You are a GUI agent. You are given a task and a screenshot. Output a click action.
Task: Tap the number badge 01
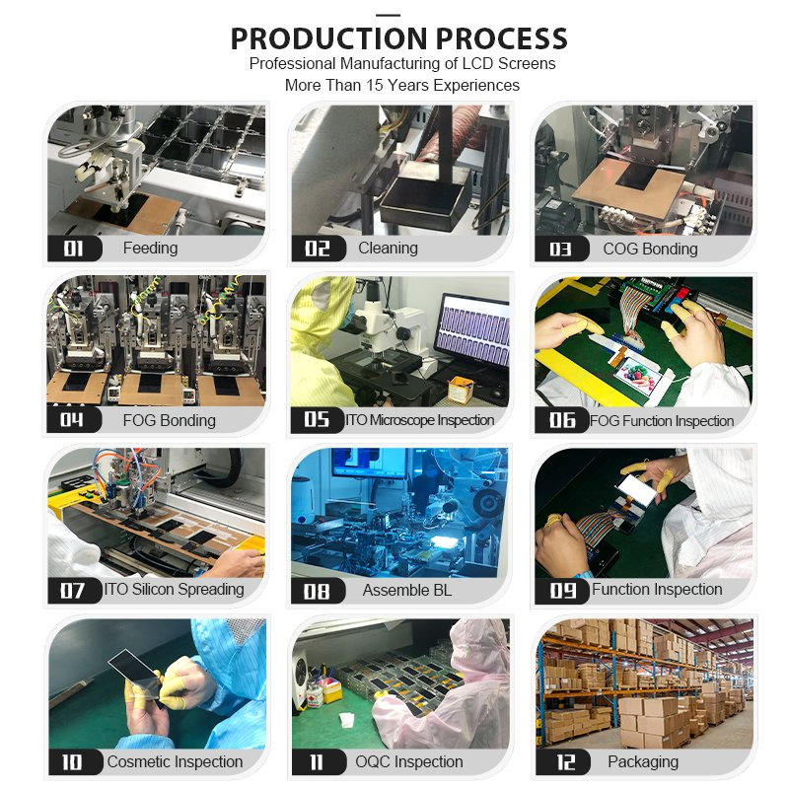(74, 249)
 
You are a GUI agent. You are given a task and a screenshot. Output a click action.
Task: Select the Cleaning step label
(388, 249)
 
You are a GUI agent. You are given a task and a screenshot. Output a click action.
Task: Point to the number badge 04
(74, 420)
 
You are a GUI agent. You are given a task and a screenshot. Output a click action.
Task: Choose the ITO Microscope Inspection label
(419, 420)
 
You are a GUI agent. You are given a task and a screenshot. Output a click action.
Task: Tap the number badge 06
(562, 421)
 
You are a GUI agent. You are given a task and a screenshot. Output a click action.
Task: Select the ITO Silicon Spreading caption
(174, 590)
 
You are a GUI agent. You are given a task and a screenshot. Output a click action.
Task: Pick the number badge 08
(317, 591)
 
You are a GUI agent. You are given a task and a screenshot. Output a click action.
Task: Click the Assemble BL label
(407, 591)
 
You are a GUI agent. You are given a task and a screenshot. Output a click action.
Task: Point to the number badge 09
(562, 591)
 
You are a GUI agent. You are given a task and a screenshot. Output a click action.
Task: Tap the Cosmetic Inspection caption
(175, 762)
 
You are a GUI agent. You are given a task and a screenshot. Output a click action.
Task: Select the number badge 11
(317, 762)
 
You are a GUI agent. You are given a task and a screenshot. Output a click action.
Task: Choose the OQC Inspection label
(408, 762)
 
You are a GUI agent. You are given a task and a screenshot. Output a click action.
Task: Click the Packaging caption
(642, 762)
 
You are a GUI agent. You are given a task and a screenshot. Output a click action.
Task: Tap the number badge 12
(562, 762)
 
